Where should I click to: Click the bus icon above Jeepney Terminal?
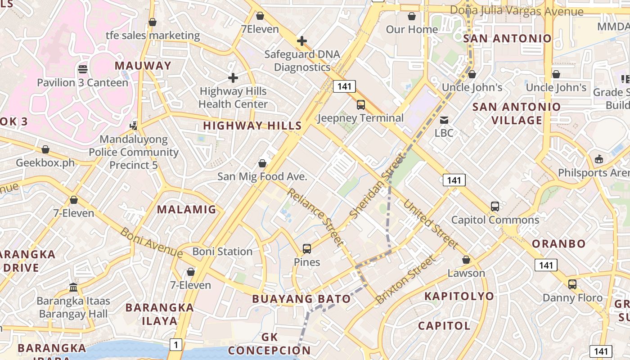click(361, 105)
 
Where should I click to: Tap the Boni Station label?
click(222, 252)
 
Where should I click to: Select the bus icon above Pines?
click(307, 248)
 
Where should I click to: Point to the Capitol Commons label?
click(495, 220)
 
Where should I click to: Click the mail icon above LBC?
click(444, 120)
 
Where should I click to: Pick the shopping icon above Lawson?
click(466, 260)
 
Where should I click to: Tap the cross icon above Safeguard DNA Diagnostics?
click(302, 41)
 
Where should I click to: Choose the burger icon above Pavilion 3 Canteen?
click(83, 69)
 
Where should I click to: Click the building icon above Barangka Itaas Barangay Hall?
click(73, 287)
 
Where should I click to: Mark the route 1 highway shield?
click(176, 345)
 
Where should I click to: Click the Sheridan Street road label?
click(377, 186)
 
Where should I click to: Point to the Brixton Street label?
click(406, 279)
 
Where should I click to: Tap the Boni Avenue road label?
click(152, 243)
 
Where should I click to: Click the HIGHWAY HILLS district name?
click(252, 126)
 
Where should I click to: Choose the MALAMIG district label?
click(186, 209)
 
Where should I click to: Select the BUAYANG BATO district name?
click(301, 299)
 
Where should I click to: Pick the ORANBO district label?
click(559, 244)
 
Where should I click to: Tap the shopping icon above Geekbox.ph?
click(45, 149)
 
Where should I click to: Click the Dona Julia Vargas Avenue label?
click(517, 11)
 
